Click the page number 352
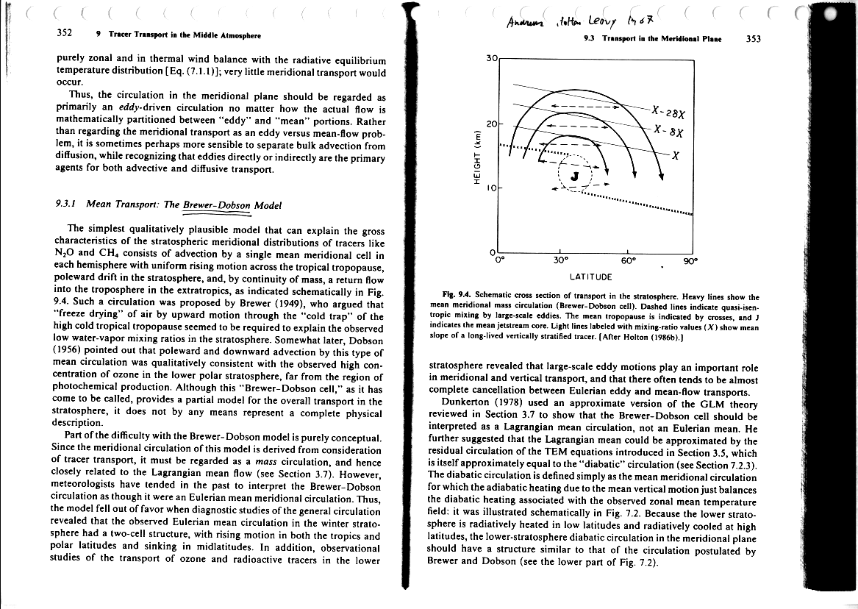[64, 34]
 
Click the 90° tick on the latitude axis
[690, 259]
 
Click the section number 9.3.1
[71, 205]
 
